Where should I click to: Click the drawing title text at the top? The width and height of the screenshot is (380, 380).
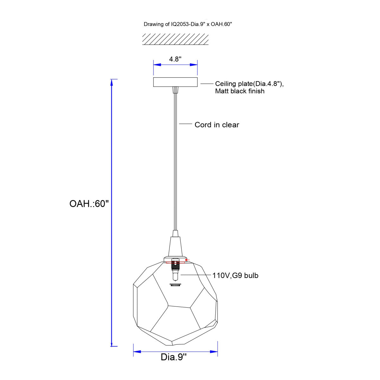[187, 24]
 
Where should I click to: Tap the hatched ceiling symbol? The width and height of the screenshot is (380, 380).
[175, 39]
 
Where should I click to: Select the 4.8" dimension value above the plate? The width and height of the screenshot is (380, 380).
[175, 59]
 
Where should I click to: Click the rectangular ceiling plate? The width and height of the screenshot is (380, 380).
[175, 82]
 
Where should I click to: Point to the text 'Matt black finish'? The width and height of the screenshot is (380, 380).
[239, 91]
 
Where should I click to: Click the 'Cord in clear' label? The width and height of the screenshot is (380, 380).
[217, 125]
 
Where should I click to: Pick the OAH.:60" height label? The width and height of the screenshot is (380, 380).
[89, 204]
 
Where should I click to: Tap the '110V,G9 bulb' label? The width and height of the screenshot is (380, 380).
[235, 275]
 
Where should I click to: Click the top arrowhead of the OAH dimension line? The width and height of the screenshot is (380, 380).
[111, 83]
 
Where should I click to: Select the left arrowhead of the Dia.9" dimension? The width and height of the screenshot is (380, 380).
[137, 351]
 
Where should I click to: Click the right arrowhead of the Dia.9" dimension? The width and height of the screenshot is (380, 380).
[214, 351]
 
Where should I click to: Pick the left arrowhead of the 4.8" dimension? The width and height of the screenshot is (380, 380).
[157, 65]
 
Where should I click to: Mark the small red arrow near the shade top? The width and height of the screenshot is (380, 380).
[187, 260]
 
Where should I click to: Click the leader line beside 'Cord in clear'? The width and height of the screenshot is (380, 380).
[186, 124]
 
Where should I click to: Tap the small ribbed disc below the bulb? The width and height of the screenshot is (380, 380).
[175, 285]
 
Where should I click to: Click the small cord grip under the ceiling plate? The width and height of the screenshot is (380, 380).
[175, 90]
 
